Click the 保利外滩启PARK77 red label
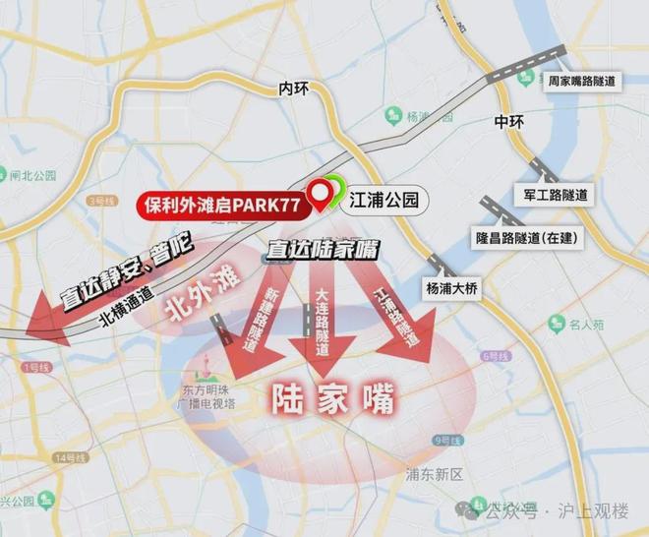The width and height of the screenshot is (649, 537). (221, 205)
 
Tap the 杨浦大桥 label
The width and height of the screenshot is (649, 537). (453, 288)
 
